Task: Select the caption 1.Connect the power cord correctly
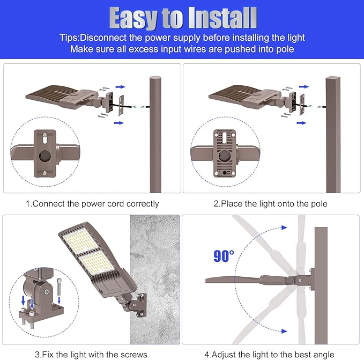(92, 204)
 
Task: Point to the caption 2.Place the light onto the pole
(271, 204)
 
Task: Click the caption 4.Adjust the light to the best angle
(269, 355)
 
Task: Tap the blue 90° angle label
(224, 256)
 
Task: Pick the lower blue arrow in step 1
(118, 123)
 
